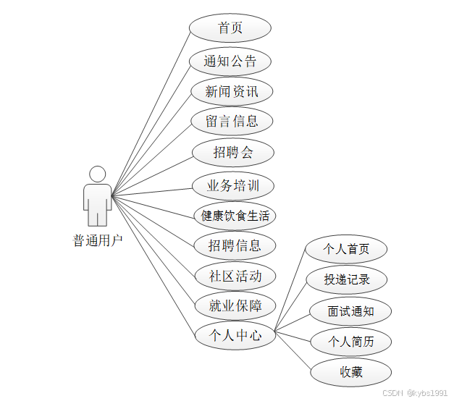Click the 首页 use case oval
230,28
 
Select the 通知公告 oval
230,61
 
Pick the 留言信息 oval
232,121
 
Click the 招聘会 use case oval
233,152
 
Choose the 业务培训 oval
233,185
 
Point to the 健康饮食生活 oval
235,215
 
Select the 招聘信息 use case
235,245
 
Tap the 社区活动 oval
235,276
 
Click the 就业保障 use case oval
235,305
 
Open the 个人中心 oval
235,335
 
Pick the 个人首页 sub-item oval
346,249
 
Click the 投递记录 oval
348,279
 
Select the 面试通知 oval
350,311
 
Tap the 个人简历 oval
351,342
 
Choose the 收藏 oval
351,372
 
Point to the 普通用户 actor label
98,240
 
